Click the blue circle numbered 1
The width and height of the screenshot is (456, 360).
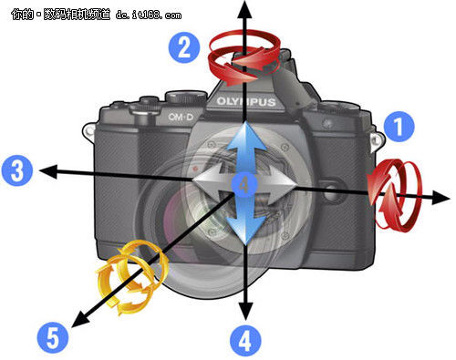(x=399, y=127)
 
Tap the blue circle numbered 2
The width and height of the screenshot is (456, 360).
(x=184, y=47)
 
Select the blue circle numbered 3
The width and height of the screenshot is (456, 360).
(x=17, y=170)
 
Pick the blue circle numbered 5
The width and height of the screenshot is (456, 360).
(x=53, y=338)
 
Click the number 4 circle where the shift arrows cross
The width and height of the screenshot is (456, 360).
(x=244, y=185)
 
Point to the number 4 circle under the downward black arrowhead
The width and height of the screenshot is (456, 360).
(x=245, y=341)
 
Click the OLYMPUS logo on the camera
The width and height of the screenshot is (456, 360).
(x=246, y=101)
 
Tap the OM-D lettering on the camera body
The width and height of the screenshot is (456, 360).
(x=181, y=117)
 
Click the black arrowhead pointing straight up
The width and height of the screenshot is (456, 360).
(x=245, y=9)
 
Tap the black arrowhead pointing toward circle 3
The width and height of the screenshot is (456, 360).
(x=48, y=170)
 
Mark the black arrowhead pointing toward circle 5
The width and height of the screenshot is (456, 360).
(x=79, y=319)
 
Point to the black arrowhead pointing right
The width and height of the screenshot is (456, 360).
(x=440, y=198)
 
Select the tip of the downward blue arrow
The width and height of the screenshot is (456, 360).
(x=245, y=245)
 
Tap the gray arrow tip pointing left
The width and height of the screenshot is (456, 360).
(x=192, y=180)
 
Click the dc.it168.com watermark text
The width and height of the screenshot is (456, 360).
(x=149, y=15)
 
